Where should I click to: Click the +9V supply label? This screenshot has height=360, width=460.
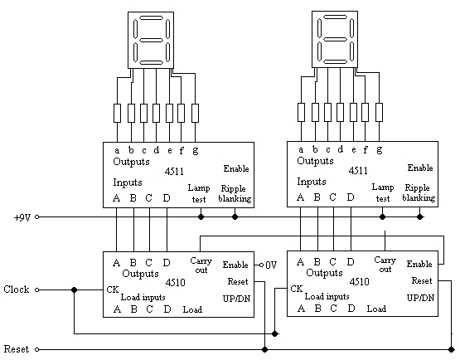pyautogui.click(x=22, y=217)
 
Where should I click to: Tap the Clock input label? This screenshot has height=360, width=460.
pyautogui.click(x=17, y=289)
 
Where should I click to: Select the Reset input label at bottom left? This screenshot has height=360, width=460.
pyautogui.click(x=17, y=349)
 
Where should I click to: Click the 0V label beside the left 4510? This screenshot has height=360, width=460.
pyautogui.click(x=271, y=265)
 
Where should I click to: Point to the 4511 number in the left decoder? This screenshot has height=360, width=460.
pyautogui.click(x=174, y=171)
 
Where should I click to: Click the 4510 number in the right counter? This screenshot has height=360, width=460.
pyautogui.click(x=360, y=282)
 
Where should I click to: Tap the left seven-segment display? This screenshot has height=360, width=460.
pyautogui.click(x=151, y=40)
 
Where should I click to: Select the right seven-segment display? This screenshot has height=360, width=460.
pyautogui.click(x=335, y=39)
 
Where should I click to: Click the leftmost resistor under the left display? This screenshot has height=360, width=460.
pyautogui.click(x=117, y=113)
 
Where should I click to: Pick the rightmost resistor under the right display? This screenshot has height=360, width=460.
pyautogui.click(x=379, y=112)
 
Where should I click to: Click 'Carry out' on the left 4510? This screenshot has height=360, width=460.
pyautogui.click(x=201, y=265)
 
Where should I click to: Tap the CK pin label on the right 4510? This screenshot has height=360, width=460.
pyautogui.click(x=296, y=289)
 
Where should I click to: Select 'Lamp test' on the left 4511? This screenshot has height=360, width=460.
pyautogui.click(x=199, y=193)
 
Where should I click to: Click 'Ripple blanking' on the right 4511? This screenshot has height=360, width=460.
pyautogui.click(x=419, y=192)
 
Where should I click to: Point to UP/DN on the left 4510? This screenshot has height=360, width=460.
pyautogui.click(x=236, y=299)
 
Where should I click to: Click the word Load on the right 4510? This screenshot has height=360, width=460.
pyautogui.click(x=376, y=309)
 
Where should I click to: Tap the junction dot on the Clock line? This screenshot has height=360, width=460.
pyautogui.click(x=75, y=289)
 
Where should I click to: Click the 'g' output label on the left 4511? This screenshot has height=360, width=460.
pyautogui.click(x=196, y=151)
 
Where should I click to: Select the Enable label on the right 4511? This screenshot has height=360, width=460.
pyautogui.click(x=420, y=168)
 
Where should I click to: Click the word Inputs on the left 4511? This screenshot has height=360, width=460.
pyautogui.click(x=128, y=182)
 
